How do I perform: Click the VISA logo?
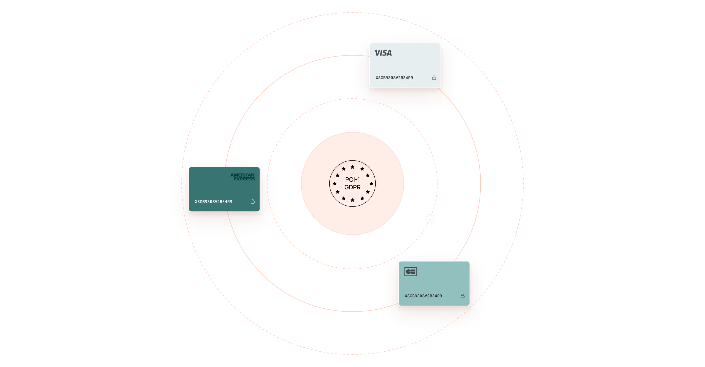[383, 53]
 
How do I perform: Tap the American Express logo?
[242, 177]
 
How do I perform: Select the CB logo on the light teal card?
[411, 271]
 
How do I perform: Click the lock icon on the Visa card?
[434, 78]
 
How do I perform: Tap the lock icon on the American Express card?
[253, 202]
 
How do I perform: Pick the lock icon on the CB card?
[463, 296]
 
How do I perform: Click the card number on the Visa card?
[394, 78]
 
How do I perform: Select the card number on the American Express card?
[213, 202]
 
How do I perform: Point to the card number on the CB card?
[423, 296]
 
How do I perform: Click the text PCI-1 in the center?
[352, 180]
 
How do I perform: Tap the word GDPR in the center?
[352, 187]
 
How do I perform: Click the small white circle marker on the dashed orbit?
[430, 218]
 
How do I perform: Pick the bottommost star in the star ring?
[352, 200]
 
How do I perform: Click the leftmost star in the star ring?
[335, 183]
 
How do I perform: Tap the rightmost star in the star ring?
[371, 183]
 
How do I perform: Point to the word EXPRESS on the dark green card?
[244, 179]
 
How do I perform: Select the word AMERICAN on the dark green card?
[242, 175]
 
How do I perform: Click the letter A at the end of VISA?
[389, 53]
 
